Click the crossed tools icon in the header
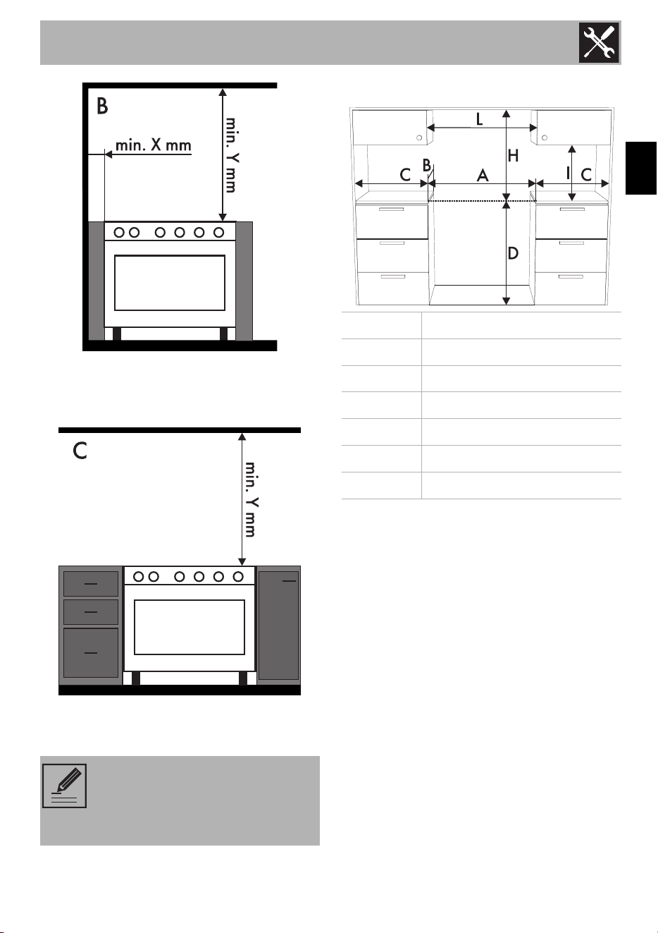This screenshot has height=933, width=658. point(599,42)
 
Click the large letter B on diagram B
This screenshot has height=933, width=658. point(102,106)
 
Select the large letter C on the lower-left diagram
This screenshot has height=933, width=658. point(80,451)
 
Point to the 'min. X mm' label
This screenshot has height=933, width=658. point(153,145)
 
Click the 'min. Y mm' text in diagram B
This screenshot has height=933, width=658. point(231,155)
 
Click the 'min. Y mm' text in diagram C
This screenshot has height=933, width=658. point(251,499)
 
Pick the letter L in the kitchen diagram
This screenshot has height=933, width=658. point(479,120)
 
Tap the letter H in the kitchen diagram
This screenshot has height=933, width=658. point(513,156)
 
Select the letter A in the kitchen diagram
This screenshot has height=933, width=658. point(483,176)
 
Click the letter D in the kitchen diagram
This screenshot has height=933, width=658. point(513,253)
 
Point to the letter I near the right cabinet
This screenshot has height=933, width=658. point(568,173)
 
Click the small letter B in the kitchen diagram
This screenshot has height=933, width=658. point(427,165)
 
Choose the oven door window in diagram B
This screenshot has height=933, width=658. point(170,283)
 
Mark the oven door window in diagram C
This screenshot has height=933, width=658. point(190,627)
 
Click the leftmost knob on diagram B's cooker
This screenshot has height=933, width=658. point(119,233)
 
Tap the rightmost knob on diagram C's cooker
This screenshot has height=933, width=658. point(238,576)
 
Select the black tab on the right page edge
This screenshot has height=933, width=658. point(641,169)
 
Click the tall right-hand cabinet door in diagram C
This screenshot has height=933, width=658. point(279,626)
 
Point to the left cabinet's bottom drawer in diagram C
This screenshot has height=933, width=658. point(91,653)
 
